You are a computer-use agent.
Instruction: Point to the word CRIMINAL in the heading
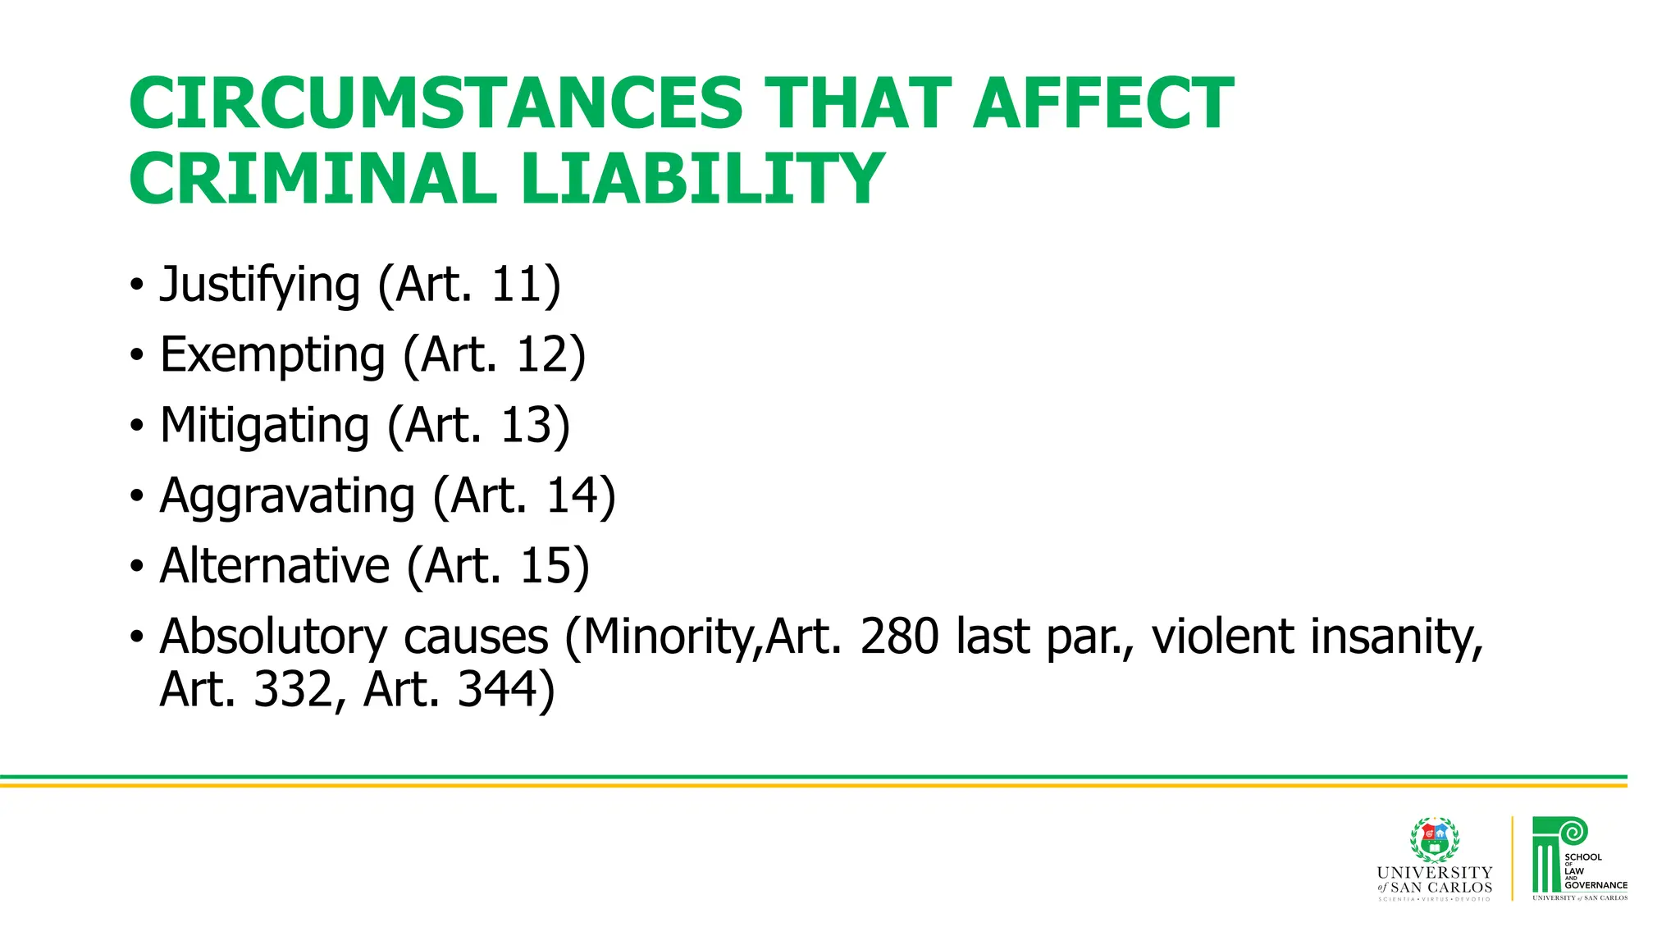click(313, 179)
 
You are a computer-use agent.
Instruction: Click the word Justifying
click(260, 285)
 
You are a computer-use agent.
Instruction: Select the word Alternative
click(275, 566)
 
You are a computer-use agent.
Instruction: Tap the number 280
click(899, 637)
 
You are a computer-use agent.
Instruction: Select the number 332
click(292, 689)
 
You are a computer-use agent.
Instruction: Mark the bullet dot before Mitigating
click(136, 426)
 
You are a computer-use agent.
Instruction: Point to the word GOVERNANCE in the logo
click(1596, 885)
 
